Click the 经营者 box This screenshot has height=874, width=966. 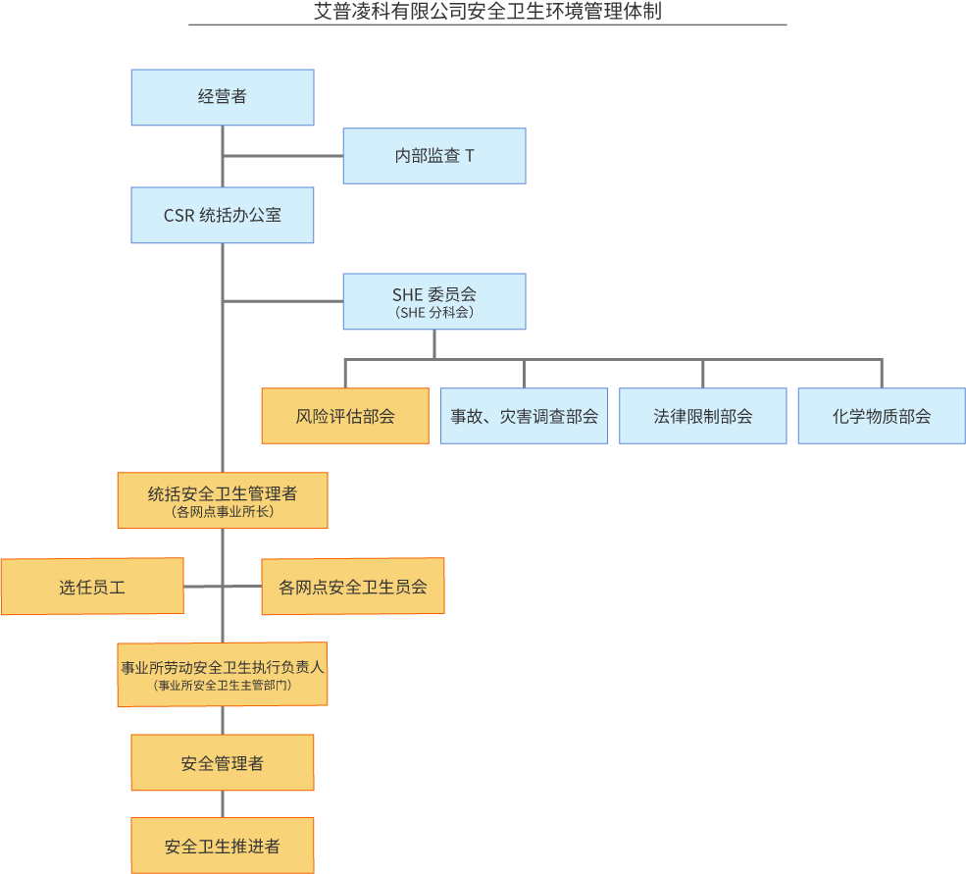[223, 97]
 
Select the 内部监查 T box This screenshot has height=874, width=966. [434, 156]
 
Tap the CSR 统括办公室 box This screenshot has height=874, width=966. [223, 215]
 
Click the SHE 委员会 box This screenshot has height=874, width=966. [434, 301]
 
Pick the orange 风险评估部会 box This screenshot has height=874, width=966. [345, 416]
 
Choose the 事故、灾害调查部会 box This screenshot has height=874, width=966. [525, 416]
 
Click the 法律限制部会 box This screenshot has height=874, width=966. [703, 416]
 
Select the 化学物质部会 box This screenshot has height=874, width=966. [882, 416]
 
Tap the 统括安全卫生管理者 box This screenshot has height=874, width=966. [223, 500]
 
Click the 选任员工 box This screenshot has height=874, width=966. [92, 587]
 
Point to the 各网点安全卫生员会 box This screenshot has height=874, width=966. [353, 587]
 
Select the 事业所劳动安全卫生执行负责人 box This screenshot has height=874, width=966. [223, 674]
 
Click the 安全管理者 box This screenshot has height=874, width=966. [223, 762]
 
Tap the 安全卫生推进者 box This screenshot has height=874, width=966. [223, 846]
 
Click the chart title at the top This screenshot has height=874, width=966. [488, 11]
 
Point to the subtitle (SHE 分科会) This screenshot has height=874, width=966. [434, 313]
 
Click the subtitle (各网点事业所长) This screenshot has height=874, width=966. [223, 512]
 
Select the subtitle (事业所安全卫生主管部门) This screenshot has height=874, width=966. [223, 686]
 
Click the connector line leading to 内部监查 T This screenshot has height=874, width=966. [282, 156]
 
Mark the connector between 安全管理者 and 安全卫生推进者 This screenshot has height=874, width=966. [223, 804]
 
